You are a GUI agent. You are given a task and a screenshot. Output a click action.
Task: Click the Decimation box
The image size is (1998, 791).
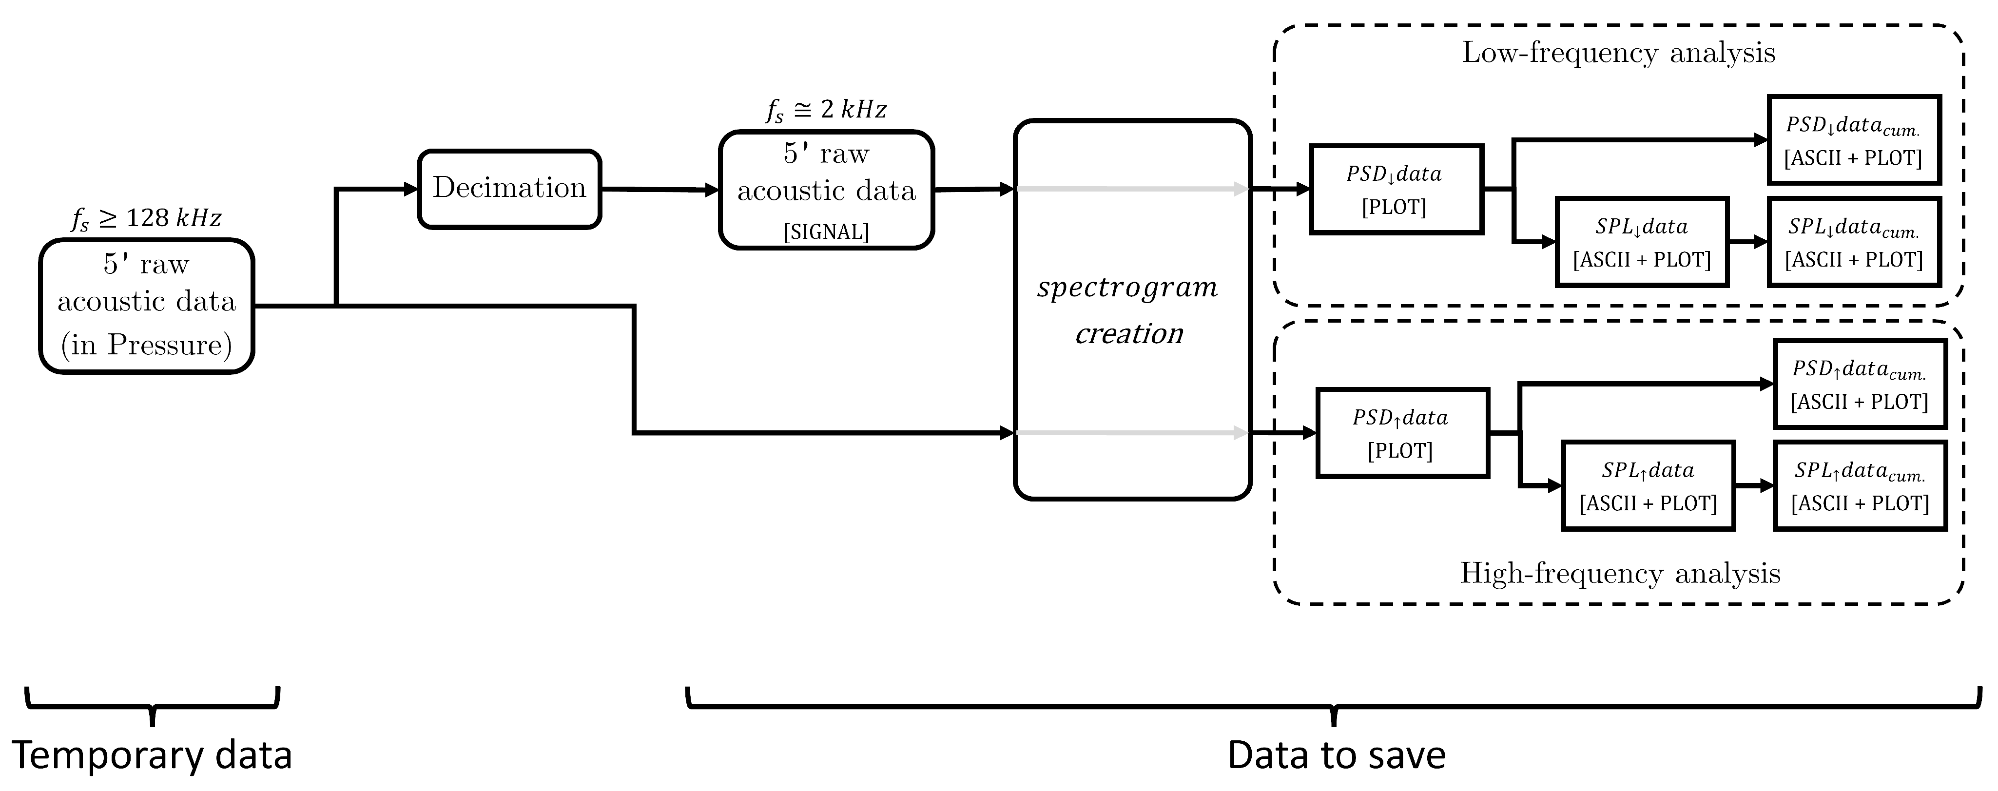(x=509, y=189)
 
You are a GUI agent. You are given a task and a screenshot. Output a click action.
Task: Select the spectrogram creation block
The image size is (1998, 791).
(x=1132, y=310)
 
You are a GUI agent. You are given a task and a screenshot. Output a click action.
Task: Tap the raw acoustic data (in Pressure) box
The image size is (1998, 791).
(x=147, y=307)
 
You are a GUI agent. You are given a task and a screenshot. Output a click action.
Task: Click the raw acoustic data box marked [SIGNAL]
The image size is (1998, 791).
(x=826, y=190)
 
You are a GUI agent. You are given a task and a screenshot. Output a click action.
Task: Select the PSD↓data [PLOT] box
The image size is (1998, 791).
(x=1396, y=189)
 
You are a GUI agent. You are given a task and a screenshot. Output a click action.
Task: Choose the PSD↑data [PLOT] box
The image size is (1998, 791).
(x=1402, y=433)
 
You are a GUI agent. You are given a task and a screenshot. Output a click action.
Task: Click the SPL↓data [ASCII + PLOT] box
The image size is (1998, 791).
(x=1642, y=242)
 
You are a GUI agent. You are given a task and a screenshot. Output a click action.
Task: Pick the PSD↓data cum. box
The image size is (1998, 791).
(x=1854, y=140)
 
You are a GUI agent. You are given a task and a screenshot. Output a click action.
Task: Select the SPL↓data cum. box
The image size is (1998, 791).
(x=1854, y=242)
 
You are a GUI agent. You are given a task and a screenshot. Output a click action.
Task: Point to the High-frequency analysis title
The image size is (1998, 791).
(x=1620, y=573)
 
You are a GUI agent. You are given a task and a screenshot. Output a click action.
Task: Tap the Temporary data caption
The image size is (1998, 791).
(x=152, y=754)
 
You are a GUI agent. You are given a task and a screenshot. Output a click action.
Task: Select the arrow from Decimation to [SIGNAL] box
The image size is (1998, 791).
(x=660, y=189)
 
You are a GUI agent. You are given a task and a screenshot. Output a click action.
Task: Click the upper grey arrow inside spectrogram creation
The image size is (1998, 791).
(x=1132, y=189)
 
